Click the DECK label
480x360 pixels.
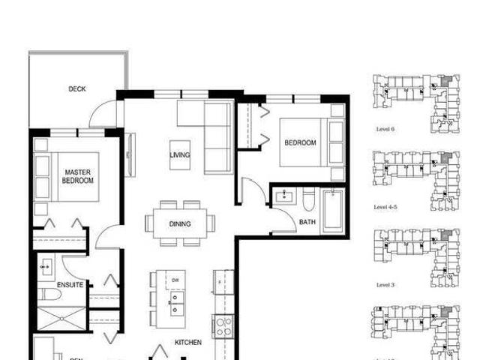point(77,89)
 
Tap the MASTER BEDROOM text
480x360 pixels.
point(77,176)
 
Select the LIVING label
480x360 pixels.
point(179,155)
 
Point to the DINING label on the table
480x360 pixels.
point(179,223)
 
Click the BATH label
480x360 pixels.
point(307,222)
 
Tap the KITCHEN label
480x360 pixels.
point(188,342)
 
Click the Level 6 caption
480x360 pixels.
point(385,129)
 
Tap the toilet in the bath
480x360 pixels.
point(309,201)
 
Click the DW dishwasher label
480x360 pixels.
point(175,280)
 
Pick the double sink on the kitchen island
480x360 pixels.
point(178,304)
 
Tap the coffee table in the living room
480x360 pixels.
point(179,155)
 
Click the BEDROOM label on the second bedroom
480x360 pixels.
point(300,143)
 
